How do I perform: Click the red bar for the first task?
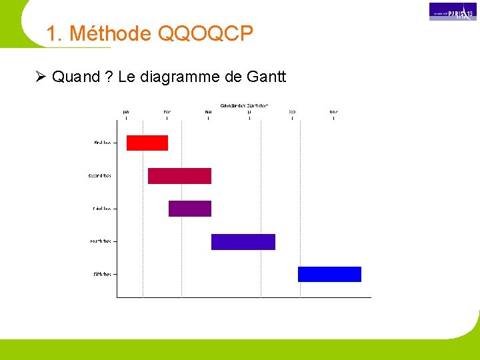click(147, 143)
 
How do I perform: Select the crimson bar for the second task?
click(179, 176)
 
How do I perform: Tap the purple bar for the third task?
click(190, 209)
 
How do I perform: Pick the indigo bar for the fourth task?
click(243, 241)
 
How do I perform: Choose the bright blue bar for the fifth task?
click(329, 274)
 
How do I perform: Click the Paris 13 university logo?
click(453, 11)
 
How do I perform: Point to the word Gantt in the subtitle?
click(266, 77)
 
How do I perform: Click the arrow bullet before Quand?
click(40, 77)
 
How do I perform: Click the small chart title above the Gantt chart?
click(244, 105)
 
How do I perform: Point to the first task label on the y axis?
click(102, 143)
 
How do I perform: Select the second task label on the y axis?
click(99, 176)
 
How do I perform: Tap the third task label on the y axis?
click(102, 209)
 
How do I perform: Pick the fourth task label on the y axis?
click(101, 241)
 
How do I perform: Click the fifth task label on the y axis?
click(102, 274)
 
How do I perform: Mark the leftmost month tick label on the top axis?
click(126, 111)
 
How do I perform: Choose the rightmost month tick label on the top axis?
click(333, 111)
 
